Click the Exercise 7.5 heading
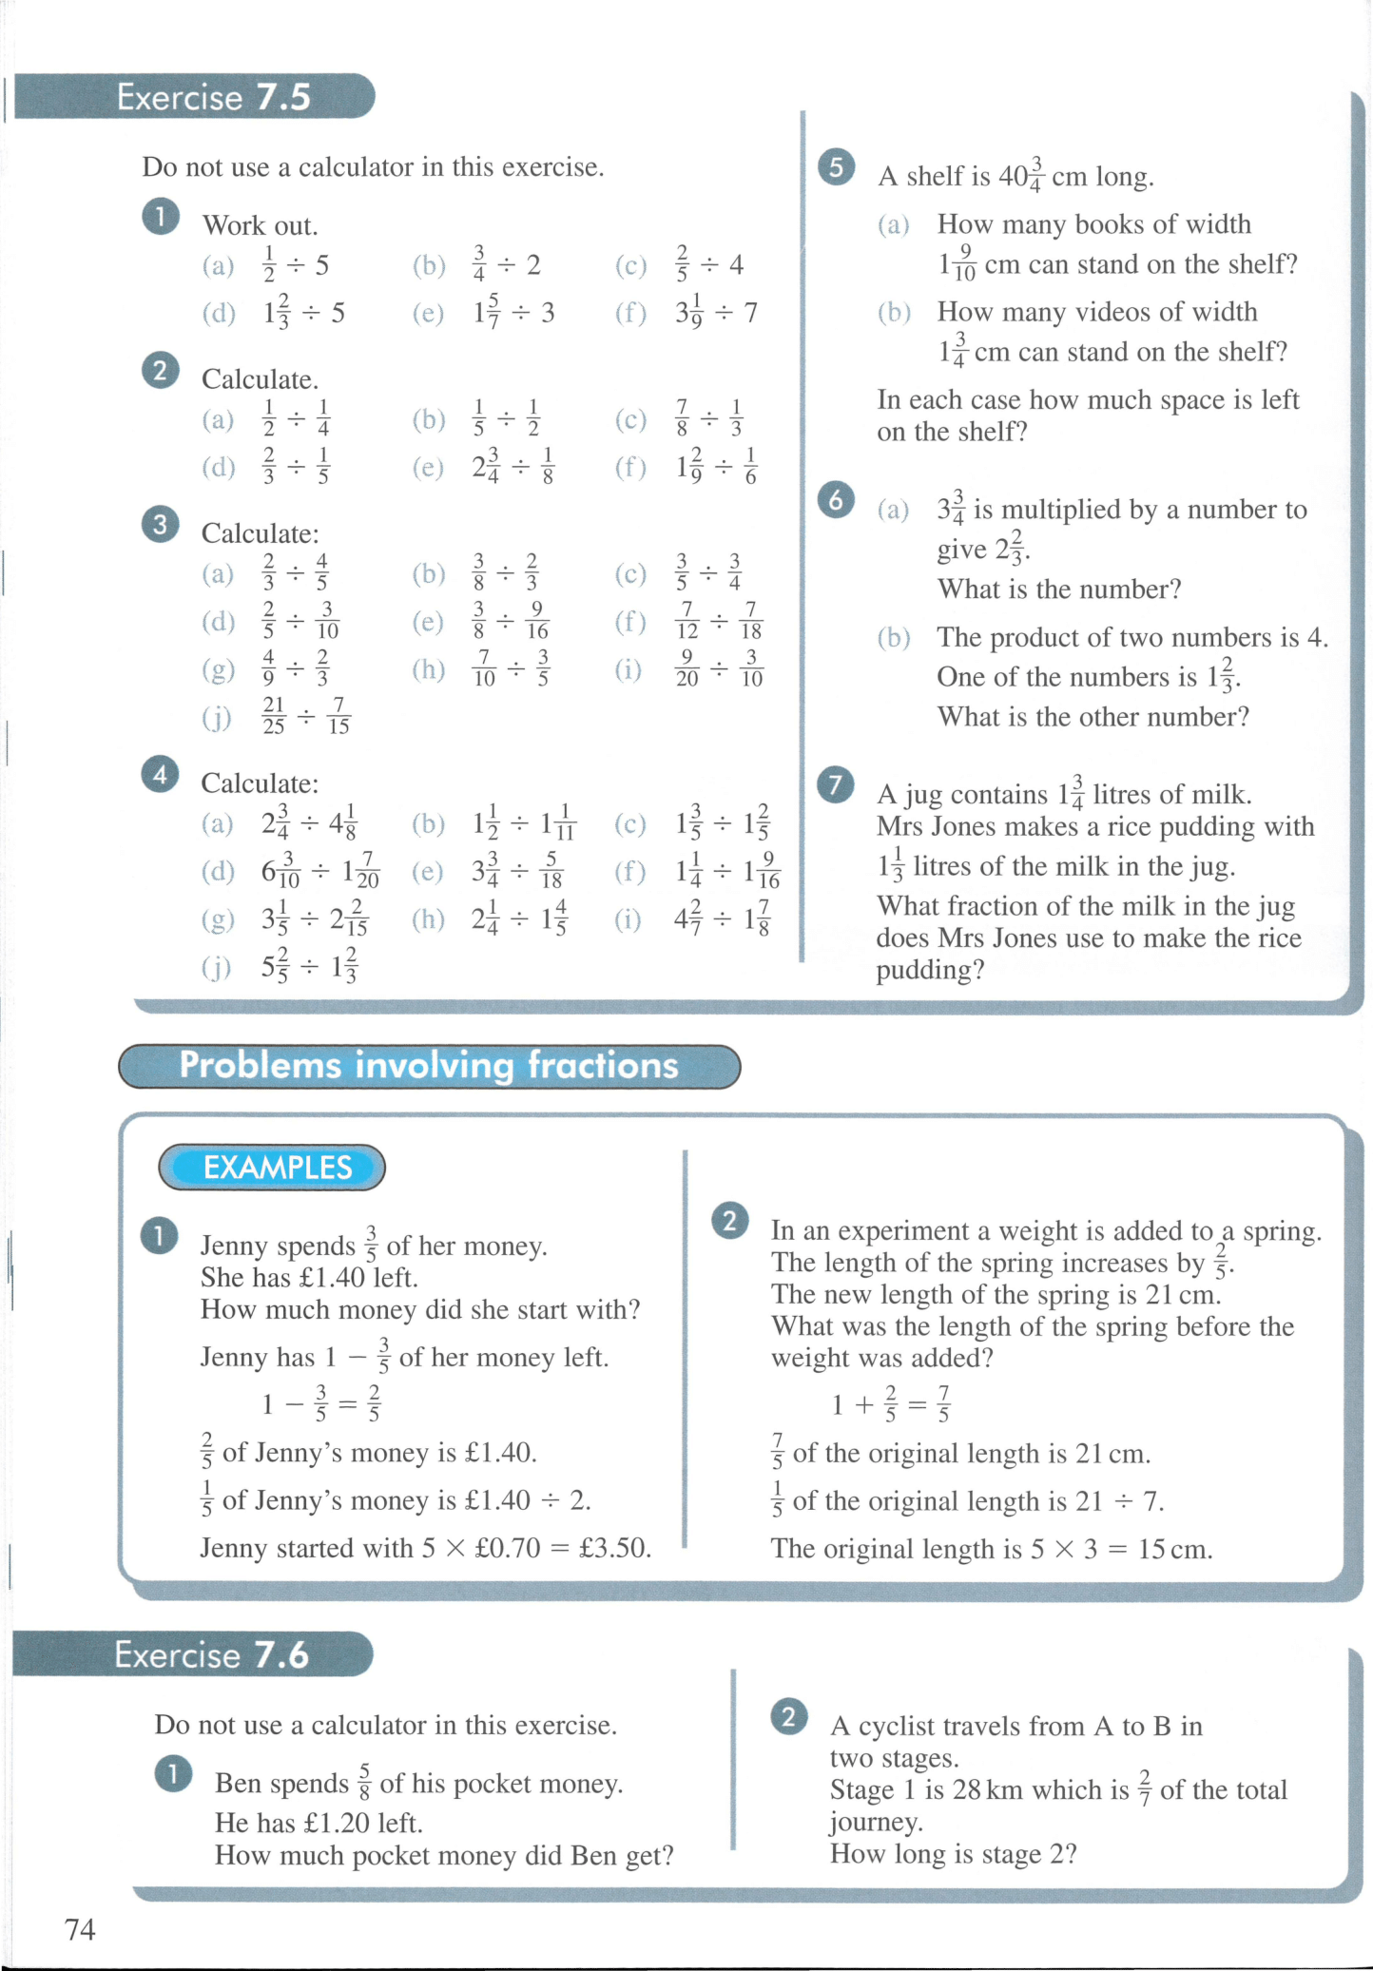213,97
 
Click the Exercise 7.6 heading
211,1654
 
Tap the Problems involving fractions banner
428,1065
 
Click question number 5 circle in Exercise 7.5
836,167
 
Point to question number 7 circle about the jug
835,784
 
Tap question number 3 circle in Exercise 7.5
160,524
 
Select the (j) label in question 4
216,967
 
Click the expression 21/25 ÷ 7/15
306,716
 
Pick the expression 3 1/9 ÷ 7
716,312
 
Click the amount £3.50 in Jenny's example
614,1548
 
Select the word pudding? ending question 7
929,970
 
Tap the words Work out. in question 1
260,225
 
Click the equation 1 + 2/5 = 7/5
890,1404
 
